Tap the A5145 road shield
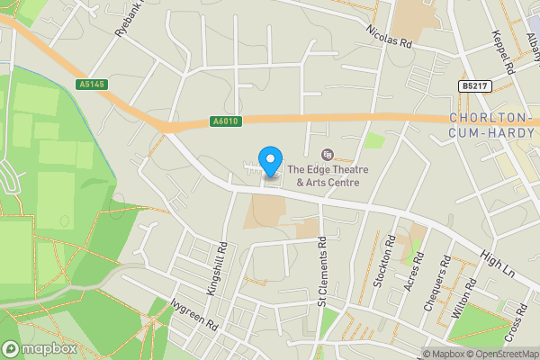91,84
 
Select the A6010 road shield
228,121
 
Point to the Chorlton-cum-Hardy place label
491,126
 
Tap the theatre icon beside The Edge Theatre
326,154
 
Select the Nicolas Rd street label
388,31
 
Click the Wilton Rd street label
464,295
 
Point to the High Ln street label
497,265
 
